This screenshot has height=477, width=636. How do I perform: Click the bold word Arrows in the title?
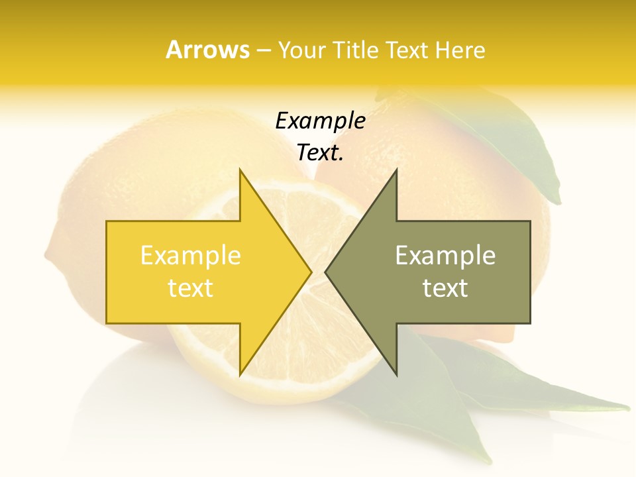pos(207,50)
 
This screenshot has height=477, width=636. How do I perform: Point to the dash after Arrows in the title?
pos(263,51)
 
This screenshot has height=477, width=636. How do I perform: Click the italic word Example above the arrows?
pos(320,121)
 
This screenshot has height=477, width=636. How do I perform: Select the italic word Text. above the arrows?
pos(320,153)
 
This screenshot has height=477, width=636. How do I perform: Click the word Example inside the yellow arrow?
pos(190,256)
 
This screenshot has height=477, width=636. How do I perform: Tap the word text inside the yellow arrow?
pos(190,288)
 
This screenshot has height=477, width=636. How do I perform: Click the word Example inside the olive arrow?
pos(445,256)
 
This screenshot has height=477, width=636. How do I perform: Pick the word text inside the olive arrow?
pos(445,288)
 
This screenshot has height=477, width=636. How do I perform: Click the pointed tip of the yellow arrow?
pos(310,272)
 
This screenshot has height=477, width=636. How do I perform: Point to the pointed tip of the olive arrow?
pos(326,272)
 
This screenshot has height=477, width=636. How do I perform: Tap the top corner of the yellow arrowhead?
pos(240,170)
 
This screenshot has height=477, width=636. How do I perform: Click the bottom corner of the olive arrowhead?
pos(396,374)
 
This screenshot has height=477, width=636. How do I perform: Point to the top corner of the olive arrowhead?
pos(396,170)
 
